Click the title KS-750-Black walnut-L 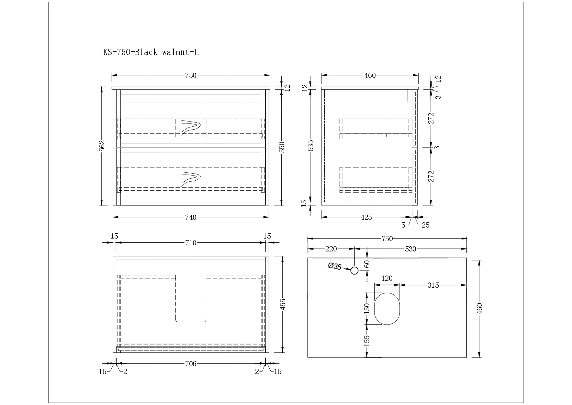click(x=151, y=52)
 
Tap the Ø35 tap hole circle click(x=354, y=271)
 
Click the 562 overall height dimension click(x=102, y=146)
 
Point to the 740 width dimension click(x=191, y=217)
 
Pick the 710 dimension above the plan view click(x=191, y=243)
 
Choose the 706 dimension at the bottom click(x=191, y=364)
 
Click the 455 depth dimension click(x=283, y=304)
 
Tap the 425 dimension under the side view click(x=366, y=217)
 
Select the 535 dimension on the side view click(x=310, y=145)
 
